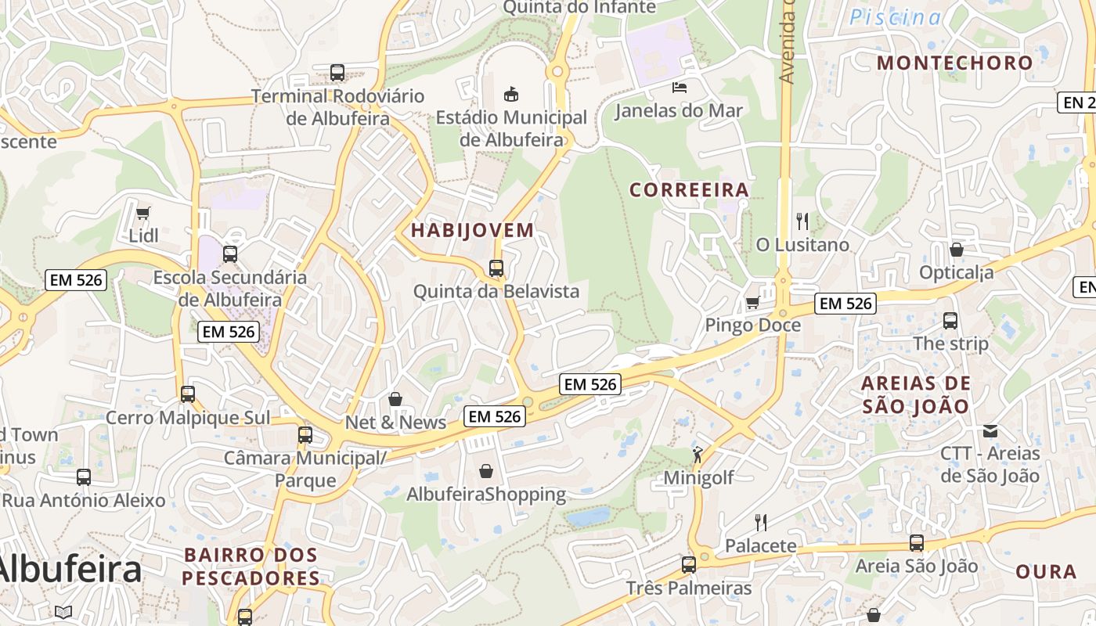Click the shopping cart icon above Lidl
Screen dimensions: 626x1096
point(143,213)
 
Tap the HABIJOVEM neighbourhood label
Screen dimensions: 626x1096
point(472,230)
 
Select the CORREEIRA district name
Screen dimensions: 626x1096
point(689,189)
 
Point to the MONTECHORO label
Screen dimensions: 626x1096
point(954,63)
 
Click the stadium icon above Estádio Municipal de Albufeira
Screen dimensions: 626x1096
point(511,95)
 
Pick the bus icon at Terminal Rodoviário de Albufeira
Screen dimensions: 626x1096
point(337,73)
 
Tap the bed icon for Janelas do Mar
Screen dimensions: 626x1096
point(680,88)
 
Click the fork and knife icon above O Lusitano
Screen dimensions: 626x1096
point(802,221)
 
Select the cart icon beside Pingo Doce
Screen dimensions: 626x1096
point(753,302)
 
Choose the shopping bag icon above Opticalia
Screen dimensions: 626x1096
point(956,250)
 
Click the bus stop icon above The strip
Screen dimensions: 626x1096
point(950,321)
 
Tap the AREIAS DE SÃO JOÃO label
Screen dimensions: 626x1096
point(916,394)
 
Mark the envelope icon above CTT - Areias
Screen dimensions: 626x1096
point(990,430)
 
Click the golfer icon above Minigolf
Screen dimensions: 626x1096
point(698,454)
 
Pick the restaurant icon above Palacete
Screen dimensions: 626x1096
point(760,522)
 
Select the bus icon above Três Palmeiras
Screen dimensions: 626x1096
point(689,565)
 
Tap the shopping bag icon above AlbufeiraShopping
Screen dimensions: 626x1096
point(486,471)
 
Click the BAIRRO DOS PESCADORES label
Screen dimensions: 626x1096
point(251,567)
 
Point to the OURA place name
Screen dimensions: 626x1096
point(1046,571)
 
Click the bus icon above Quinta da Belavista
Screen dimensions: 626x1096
point(496,268)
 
